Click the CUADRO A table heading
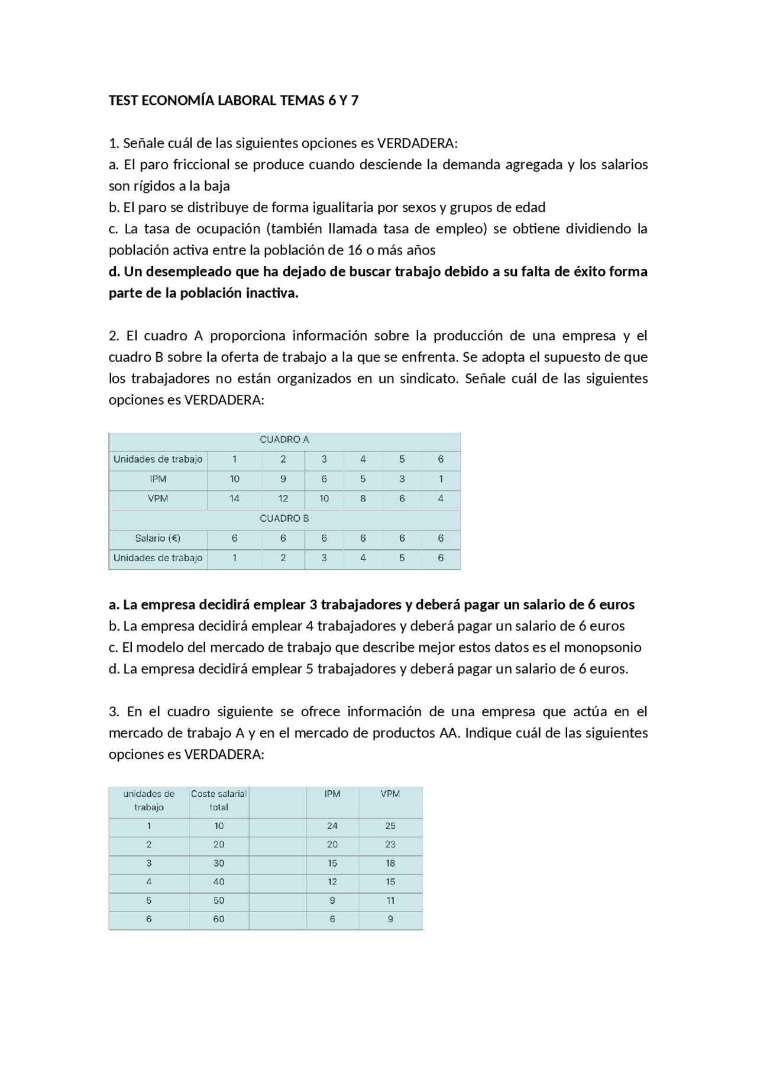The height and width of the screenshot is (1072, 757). tap(284, 440)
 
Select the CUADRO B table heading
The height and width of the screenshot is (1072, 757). tap(284, 519)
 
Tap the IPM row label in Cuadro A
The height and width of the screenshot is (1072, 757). tap(158, 479)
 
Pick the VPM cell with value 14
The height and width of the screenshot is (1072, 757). tap(234, 498)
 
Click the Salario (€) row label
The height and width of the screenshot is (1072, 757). tap(158, 538)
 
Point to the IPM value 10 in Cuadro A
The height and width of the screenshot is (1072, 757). tap(234, 479)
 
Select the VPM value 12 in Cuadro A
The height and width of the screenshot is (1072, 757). tap(283, 498)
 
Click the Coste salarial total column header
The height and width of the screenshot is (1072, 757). tap(219, 800)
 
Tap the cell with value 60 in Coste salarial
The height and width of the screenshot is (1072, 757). tap(219, 919)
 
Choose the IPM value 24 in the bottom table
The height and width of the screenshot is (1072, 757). tap(332, 826)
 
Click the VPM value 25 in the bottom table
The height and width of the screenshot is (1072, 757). tap(390, 826)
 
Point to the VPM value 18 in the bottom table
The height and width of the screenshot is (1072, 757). tap(390, 863)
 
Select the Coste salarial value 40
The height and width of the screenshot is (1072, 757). tap(219, 882)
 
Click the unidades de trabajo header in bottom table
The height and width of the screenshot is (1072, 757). tap(149, 800)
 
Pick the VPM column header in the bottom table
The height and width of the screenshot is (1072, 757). tap(390, 794)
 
